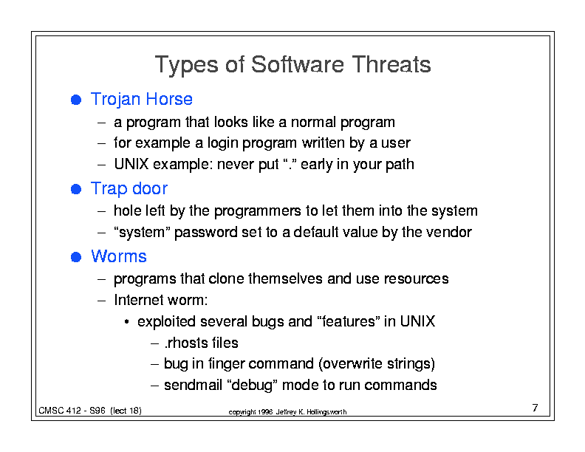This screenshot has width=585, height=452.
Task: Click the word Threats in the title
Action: (x=391, y=64)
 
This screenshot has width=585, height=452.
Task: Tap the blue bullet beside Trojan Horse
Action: (x=76, y=100)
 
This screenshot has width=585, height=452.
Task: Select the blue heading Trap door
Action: (x=129, y=189)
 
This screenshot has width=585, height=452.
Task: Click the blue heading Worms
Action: (x=119, y=256)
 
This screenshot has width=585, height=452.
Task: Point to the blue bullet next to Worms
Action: (x=76, y=257)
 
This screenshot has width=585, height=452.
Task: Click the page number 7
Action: (x=535, y=408)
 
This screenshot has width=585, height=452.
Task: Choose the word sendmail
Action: (x=193, y=385)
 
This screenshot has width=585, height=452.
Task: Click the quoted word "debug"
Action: (x=252, y=386)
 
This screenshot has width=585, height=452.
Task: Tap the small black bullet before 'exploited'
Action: (x=127, y=322)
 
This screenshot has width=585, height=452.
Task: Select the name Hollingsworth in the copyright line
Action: (x=326, y=412)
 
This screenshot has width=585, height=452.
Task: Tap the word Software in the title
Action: (x=298, y=64)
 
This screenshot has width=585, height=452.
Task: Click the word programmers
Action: (x=258, y=211)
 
